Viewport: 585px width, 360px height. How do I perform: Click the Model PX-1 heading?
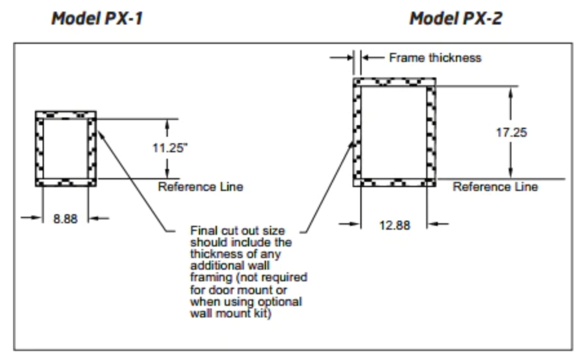(97, 18)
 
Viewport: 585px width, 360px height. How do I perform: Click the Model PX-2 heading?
(456, 18)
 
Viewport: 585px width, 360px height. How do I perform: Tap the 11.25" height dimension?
(170, 148)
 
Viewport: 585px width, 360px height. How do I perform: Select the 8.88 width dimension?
(65, 219)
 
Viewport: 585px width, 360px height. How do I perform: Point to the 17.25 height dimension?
(511, 132)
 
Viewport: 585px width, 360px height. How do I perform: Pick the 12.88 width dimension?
(395, 225)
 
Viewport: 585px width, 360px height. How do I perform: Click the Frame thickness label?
(435, 58)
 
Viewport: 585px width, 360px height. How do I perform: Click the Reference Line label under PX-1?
(200, 186)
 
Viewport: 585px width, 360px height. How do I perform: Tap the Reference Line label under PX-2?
(495, 186)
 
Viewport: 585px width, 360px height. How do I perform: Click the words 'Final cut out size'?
(237, 231)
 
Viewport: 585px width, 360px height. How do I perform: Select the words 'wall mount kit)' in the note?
(231, 313)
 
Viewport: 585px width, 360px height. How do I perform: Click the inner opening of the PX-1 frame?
(66, 148)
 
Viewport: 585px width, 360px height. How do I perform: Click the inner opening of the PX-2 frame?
(394, 132)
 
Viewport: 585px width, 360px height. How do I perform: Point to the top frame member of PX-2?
(395, 82)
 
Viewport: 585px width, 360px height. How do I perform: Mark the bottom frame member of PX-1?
(66, 182)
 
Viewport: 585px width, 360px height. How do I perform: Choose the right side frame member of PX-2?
(431, 132)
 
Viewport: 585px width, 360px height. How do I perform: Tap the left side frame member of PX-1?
(39, 148)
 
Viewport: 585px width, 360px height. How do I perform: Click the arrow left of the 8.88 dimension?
(32, 217)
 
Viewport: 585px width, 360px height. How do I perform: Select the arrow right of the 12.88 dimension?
(438, 224)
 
